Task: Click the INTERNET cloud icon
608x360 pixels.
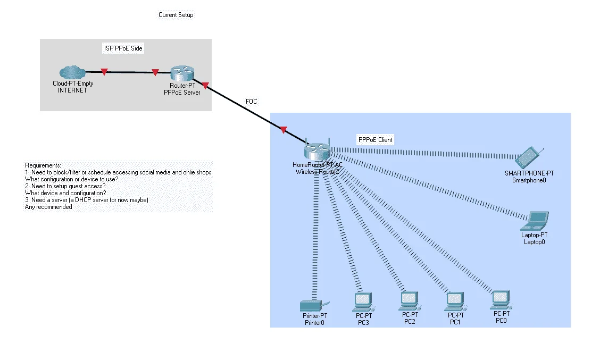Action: (x=72, y=72)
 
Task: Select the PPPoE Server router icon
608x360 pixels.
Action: (x=182, y=73)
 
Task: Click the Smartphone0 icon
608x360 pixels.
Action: (x=529, y=157)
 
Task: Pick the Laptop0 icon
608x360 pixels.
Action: (x=535, y=221)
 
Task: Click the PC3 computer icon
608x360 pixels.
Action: (x=363, y=302)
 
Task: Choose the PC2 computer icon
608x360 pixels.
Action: (x=410, y=301)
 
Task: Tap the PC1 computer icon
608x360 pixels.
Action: (x=455, y=302)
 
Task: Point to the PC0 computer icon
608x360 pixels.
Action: (x=501, y=300)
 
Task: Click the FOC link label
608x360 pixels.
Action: (x=251, y=102)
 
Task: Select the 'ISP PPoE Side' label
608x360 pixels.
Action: (x=123, y=48)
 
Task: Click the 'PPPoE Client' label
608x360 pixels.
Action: (x=375, y=140)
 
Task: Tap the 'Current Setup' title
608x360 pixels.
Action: (x=176, y=15)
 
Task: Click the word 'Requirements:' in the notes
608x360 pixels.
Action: (x=43, y=165)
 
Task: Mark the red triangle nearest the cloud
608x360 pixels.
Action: (x=104, y=72)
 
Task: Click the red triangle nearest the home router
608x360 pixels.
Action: (x=284, y=130)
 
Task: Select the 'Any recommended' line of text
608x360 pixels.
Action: (x=48, y=207)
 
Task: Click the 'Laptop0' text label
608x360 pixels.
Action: (x=534, y=242)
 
